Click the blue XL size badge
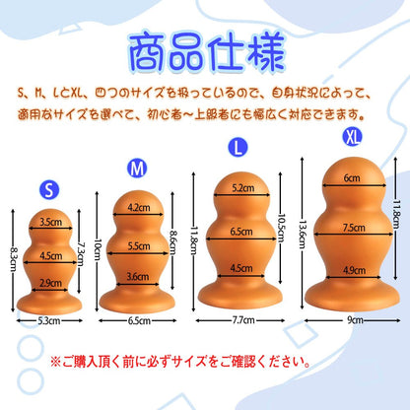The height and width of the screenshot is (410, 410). pyautogui.click(x=349, y=130)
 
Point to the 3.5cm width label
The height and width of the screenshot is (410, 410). pyautogui.click(x=50, y=223)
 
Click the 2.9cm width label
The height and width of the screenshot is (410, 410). pyautogui.click(x=50, y=282)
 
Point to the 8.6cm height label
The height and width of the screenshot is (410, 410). pyautogui.click(x=176, y=239)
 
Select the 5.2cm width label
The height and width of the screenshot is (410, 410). pyautogui.click(x=240, y=187)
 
